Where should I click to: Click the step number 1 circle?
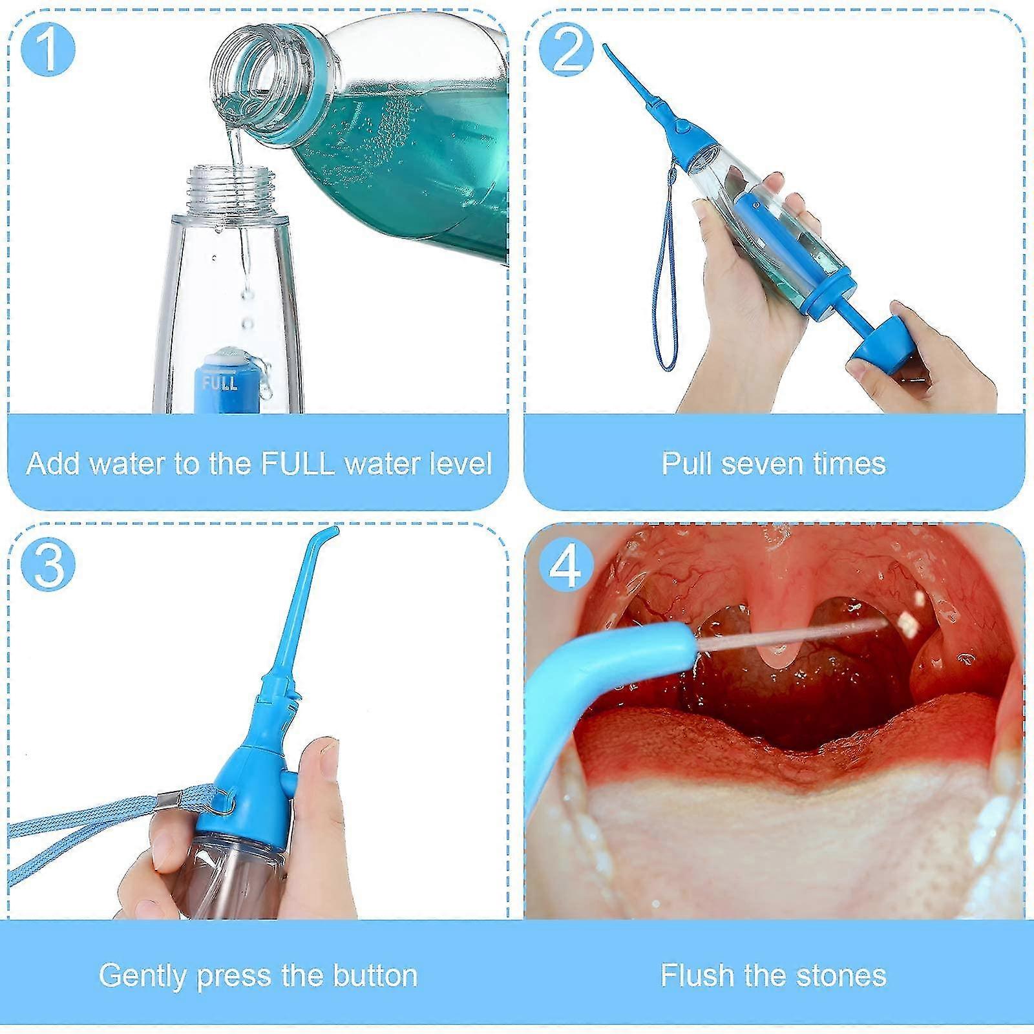click(48, 49)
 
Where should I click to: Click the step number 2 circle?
click(565, 49)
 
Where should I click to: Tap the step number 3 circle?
click(48, 564)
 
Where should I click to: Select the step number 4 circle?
click(565, 564)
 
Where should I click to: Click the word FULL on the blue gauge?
click(220, 383)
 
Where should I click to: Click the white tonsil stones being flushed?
click(908, 622)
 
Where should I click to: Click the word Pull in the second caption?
click(686, 463)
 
